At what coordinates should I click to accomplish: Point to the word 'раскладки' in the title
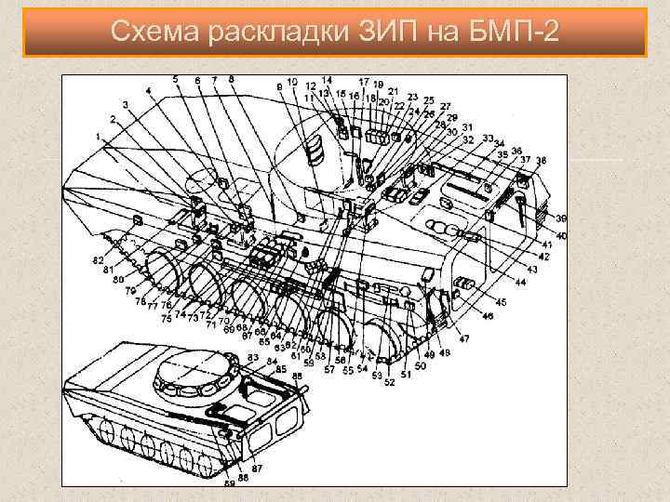pyautogui.click(x=275, y=33)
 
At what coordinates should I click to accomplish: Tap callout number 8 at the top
pyautogui.click(x=231, y=79)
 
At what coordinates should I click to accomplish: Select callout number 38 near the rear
pyautogui.click(x=541, y=160)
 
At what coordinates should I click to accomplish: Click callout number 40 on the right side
pyautogui.click(x=561, y=236)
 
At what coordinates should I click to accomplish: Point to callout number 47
pyautogui.click(x=463, y=338)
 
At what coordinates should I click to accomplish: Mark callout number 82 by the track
pyautogui.click(x=99, y=261)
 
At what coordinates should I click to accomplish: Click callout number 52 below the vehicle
pyautogui.click(x=389, y=381)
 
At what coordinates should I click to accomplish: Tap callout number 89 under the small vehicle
pyautogui.click(x=228, y=483)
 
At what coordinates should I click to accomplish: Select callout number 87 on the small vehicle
pyautogui.click(x=257, y=468)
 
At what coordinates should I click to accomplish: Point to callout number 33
pyautogui.click(x=488, y=139)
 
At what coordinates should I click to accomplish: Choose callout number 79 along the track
pyautogui.click(x=130, y=291)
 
